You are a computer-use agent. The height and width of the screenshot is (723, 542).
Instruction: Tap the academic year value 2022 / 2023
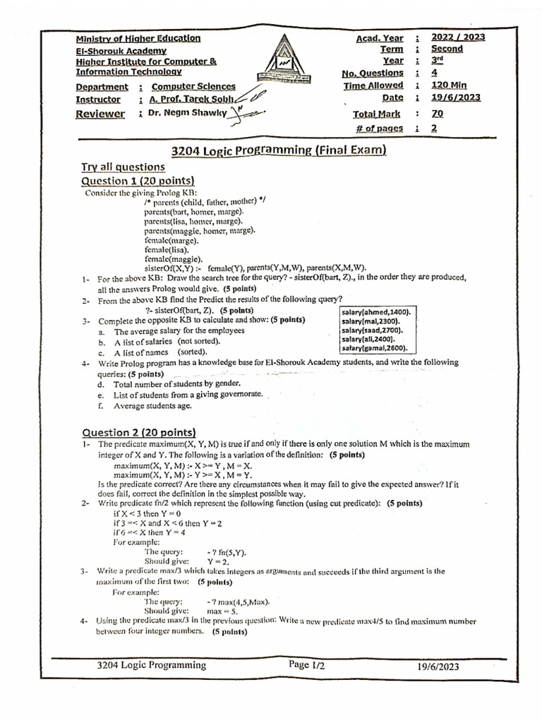point(459,37)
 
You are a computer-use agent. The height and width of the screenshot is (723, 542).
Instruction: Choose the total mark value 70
point(437,114)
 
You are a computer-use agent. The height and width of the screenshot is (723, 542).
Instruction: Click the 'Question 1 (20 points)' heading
point(138,181)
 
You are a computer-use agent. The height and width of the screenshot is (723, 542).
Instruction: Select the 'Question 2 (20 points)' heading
point(138,432)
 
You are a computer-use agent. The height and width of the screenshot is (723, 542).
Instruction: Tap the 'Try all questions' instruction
point(123,167)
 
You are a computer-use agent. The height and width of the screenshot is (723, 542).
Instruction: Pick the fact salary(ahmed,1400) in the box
point(377,311)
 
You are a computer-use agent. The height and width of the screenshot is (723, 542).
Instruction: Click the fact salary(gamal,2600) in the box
point(377,348)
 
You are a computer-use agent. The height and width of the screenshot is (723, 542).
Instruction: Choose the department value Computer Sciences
point(193,87)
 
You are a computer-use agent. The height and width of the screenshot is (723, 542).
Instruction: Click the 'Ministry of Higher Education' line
point(138,39)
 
